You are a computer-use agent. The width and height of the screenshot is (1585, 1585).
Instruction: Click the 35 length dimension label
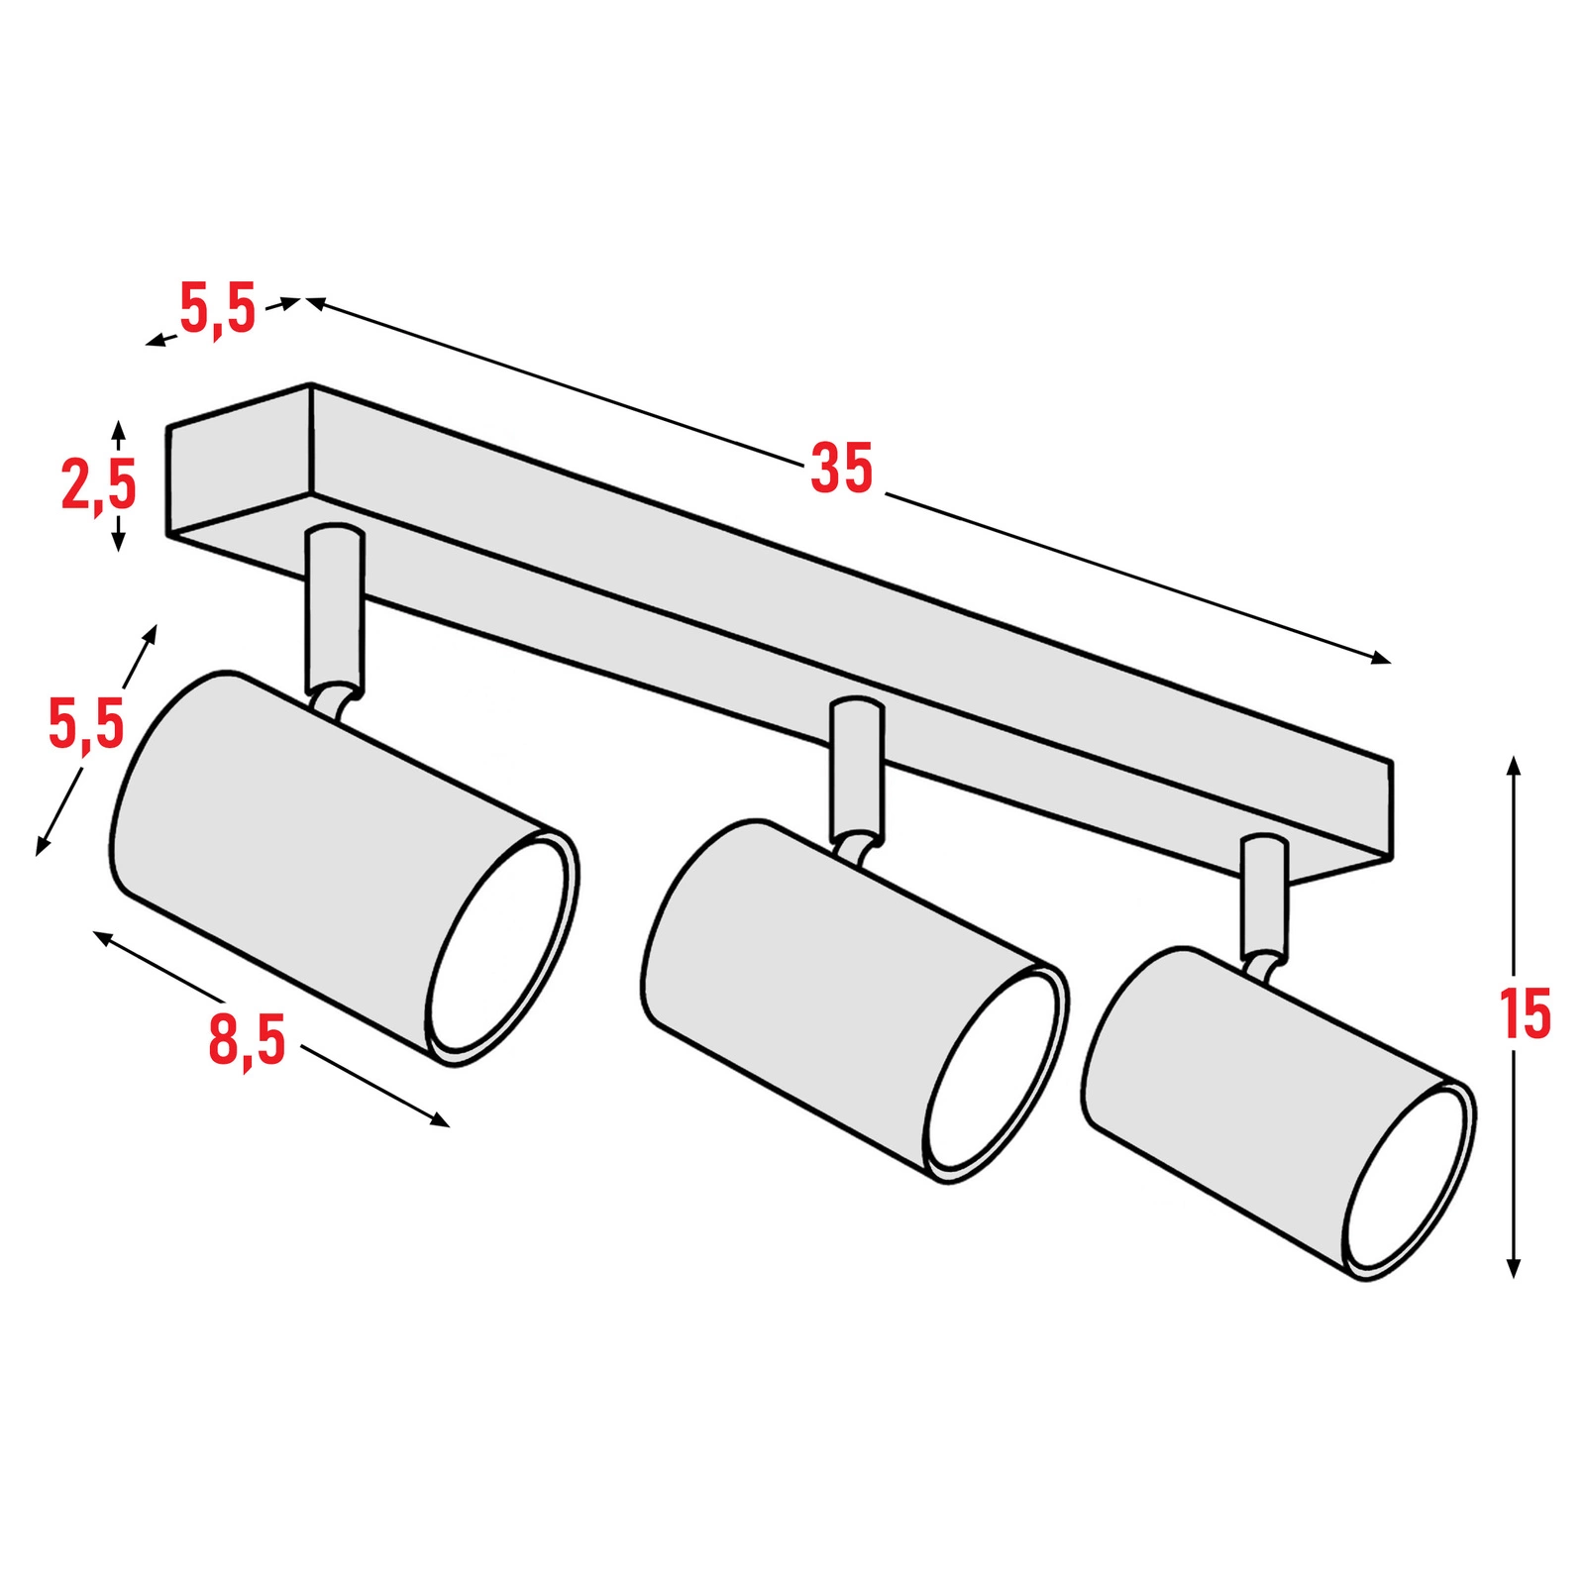[842, 469]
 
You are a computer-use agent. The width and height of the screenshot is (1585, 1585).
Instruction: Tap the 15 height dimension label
[1525, 1013]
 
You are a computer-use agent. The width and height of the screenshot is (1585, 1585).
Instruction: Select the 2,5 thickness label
[99, 485]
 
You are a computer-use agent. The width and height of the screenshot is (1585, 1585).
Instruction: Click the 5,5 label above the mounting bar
[218, 308]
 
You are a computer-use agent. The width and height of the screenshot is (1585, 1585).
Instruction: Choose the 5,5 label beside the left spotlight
[86, 723]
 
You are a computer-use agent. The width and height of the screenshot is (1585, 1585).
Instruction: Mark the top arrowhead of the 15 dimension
[1513, 766]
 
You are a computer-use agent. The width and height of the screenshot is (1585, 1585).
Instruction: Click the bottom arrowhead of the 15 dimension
[1513, 1266]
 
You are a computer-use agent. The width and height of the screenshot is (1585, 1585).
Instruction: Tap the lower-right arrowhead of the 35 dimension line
[1380, 658]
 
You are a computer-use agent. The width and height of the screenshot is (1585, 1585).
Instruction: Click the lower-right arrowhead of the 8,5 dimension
[439, 1120]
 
